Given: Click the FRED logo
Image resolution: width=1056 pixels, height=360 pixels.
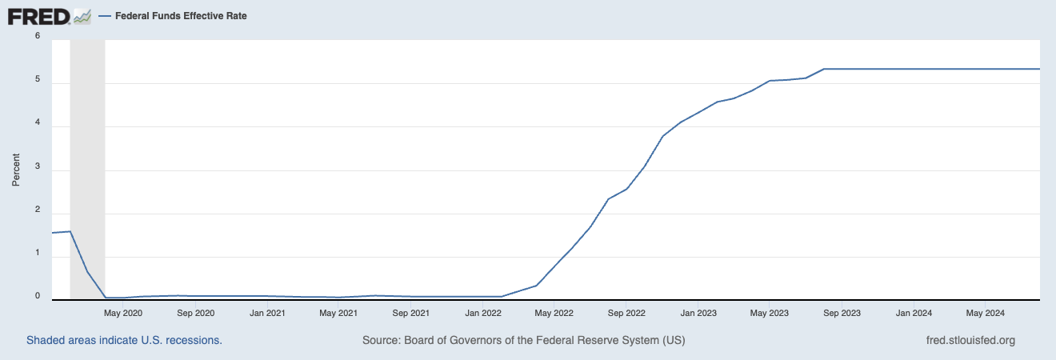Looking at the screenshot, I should point(38,16).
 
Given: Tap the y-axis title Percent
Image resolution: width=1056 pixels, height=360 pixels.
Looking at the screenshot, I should point(15,170).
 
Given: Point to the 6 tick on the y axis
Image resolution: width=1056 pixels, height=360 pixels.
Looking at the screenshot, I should point(37,35).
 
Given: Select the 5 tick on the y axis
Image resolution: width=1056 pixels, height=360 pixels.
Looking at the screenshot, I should point(37,79).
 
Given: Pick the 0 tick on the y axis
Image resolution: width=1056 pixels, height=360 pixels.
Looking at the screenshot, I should point(37,296).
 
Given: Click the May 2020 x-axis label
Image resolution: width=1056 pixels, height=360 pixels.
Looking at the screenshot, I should point(123,313).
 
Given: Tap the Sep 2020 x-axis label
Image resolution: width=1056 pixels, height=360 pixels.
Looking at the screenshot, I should point(195,313).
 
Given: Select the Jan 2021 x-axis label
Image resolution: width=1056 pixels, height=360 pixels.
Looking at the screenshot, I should point(267,313).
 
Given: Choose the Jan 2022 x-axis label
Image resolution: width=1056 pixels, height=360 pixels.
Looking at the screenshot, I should point(483,313).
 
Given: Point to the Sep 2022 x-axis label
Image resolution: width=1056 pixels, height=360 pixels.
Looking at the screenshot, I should point(626,313).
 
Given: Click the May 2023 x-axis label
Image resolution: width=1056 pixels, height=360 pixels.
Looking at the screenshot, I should point(769,313).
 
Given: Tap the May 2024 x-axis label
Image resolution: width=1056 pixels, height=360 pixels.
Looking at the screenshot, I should point(985,313).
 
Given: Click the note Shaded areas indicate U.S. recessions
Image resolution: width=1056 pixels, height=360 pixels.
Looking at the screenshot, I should point(124,340).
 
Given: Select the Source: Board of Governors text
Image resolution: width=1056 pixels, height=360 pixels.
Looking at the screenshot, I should point(523,340).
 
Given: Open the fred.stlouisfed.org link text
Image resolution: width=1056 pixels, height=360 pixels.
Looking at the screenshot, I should point(970,340).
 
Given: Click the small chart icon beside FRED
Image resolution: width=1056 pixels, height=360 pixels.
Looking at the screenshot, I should point(82,16).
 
